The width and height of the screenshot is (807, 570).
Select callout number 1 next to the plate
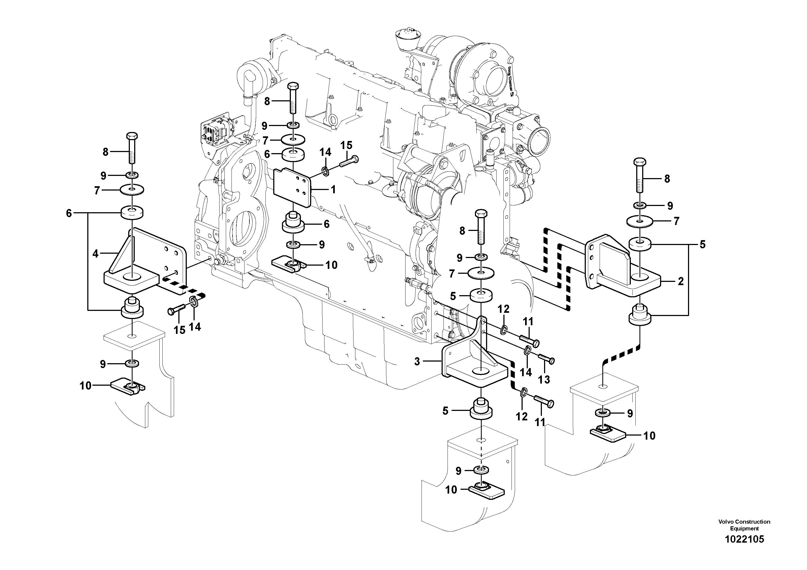click(x=333, y=190)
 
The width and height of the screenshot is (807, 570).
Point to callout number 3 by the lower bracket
click(x=417, y=361)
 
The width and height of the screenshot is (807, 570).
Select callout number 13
click(x=544, y=379)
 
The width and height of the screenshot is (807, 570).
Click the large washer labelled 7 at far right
click(x=640, y=221)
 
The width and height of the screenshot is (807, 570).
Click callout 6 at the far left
click(x=69, y=213)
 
